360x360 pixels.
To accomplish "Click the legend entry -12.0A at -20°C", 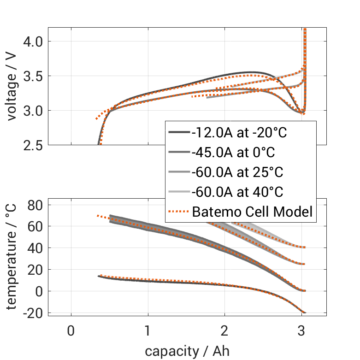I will click(x=240, y=133).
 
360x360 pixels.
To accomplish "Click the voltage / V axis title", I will click(x=12, y=87).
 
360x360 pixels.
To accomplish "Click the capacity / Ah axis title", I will click(x=187, y=351).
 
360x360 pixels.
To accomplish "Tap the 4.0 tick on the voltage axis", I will click(x=32, y=41).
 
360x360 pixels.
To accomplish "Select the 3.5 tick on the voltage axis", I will click(x=32, y=76).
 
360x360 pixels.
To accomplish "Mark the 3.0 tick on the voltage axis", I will click(x=32, y=111).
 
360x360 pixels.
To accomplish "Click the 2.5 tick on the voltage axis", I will click(x=32, y=145).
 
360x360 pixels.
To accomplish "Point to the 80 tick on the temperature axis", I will click(x=35, y=205).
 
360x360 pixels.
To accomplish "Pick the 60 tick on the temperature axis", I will click(x=35, y=226).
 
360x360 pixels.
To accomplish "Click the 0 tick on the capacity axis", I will click(x=71, y=331).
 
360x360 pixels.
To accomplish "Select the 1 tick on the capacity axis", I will click(x=148, y=331).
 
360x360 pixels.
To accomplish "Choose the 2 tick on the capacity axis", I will click(x=224, y=331).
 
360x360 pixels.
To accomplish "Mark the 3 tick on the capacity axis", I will click(x=301, y=331).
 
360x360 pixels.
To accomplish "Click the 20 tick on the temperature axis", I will click(x=35, y=270).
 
